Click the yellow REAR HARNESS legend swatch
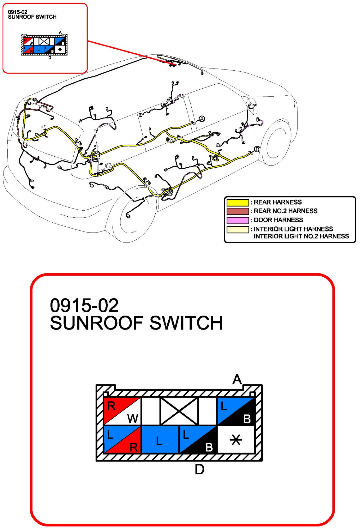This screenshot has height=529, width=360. [237, 203]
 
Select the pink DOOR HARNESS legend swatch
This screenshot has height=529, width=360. [237, 220]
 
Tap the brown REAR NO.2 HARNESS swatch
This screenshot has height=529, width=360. [237, 211]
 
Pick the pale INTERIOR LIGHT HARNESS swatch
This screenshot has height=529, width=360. [237, 229]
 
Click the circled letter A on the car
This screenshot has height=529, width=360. [202, 119]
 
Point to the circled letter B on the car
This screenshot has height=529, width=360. [256, 149]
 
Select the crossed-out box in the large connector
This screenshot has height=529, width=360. [179, 411]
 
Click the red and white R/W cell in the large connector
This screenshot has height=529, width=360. [122, 411]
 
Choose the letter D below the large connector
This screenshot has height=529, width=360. [199, 470]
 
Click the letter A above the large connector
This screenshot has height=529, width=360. [237, 380]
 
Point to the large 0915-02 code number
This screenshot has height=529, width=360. [84, 305]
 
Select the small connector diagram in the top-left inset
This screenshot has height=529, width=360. [44, 45]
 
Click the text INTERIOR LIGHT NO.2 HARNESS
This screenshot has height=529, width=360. [301, 236]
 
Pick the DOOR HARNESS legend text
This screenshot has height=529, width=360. [278, 220]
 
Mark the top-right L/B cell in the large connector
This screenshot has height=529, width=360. [236, 411]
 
